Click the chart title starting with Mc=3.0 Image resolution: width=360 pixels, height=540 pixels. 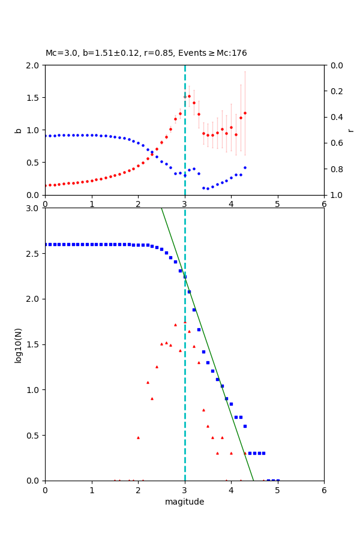point(146,53)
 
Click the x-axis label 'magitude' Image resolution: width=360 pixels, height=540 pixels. point(184,502)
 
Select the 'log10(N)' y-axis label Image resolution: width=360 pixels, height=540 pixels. point(18,344)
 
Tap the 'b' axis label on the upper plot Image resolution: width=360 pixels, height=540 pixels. point(18,130)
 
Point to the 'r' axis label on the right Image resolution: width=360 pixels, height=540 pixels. point(350,130)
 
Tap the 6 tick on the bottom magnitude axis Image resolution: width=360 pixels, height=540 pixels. point(324,490)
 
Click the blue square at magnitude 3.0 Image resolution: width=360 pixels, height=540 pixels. point(185,277)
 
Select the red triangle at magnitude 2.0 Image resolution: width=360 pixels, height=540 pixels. point(138,437)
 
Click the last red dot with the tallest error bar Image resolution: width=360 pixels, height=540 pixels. point(245,113)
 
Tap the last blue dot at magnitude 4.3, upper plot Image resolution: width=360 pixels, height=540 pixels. point(245,167)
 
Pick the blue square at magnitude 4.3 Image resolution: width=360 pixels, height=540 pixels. point(245,426)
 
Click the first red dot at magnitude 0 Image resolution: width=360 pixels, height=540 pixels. point(45,185)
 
